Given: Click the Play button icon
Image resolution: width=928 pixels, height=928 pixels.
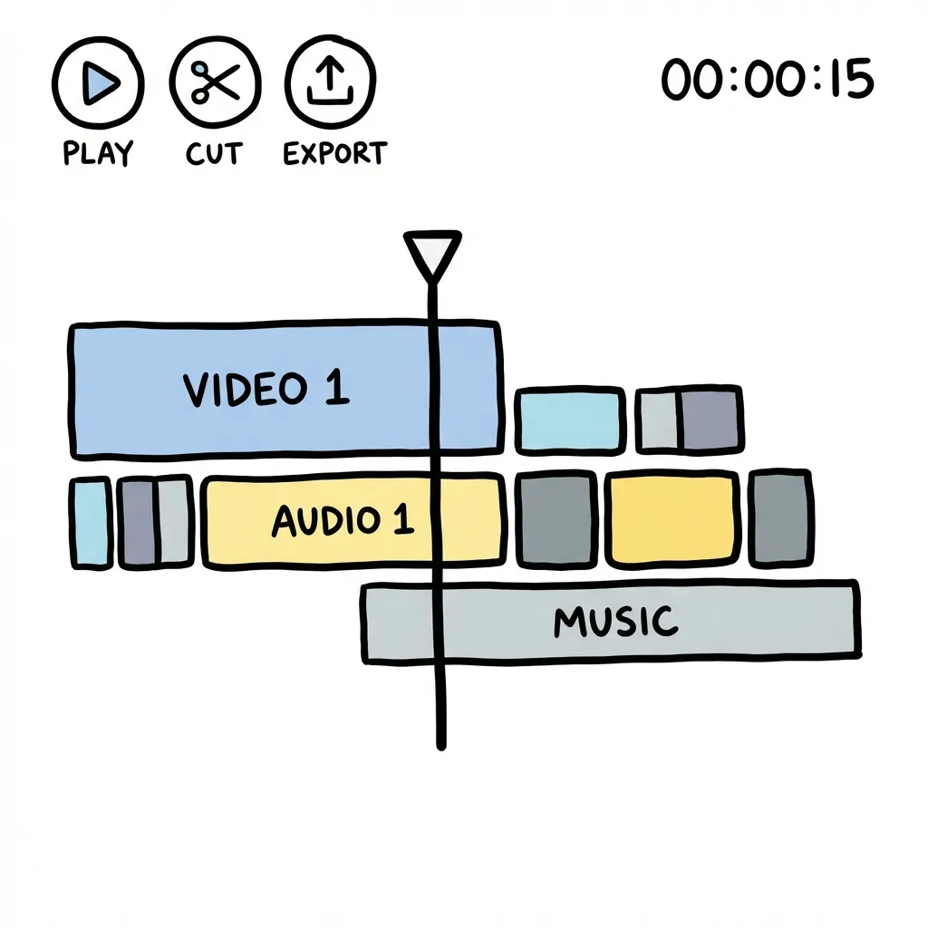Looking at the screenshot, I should click(x=98, y=84).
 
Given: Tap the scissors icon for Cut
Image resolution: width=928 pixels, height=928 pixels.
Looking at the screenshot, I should click(x=215, y=84).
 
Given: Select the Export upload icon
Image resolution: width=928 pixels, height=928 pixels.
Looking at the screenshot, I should click(x=330, y=84).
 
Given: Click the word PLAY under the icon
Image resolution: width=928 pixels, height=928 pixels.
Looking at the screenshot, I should click(x=98, y=153).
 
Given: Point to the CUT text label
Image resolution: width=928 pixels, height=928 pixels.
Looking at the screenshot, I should click(x=215, y=153).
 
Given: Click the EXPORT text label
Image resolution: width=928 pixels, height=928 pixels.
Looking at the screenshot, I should click(x=334, y=153).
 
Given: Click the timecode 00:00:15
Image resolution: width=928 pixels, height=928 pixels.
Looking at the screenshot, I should click(x=767, y=80).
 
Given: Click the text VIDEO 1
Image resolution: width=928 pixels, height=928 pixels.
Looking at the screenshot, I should click(x=266, y=389).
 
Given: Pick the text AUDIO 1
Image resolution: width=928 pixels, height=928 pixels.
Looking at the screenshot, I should click(x=342, y=520).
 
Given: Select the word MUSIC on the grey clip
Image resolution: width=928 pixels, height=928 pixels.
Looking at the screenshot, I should click(x=615, y=622).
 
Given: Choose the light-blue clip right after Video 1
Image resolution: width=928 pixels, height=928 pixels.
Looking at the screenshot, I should click(x=570, y=420).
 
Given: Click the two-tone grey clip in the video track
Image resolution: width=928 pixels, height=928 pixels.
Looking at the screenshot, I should click(x=690, y=420).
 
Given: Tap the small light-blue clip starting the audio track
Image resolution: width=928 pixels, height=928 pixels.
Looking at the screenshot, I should click(x=90, y=522).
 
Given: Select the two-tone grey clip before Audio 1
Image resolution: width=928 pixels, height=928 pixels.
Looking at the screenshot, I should click(x=155, y=522).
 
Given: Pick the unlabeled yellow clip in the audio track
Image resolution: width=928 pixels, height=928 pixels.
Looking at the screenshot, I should click(x=671, y=518).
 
